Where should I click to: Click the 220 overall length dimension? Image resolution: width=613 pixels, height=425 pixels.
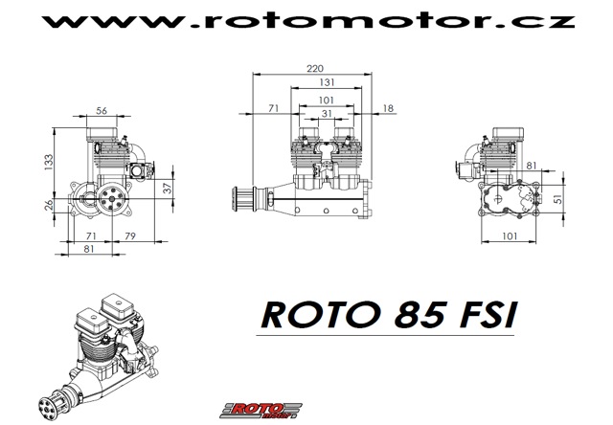[315, 69]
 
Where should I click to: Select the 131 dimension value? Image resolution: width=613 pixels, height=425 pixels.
[327, 82]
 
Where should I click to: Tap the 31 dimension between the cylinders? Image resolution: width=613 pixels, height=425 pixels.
[327, 113]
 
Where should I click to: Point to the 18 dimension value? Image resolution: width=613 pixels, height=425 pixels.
[388, 108]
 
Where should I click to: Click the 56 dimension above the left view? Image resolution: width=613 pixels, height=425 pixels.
[102, 110]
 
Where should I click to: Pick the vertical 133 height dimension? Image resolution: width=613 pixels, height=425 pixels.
[49, 162]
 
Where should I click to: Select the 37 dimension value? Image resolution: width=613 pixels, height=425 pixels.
[168, 188]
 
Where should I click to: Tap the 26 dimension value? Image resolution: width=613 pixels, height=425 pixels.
[49, 205]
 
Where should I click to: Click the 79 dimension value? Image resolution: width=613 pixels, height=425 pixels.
[130, 235]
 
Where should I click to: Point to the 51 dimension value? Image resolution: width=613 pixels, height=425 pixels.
[558, 199]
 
